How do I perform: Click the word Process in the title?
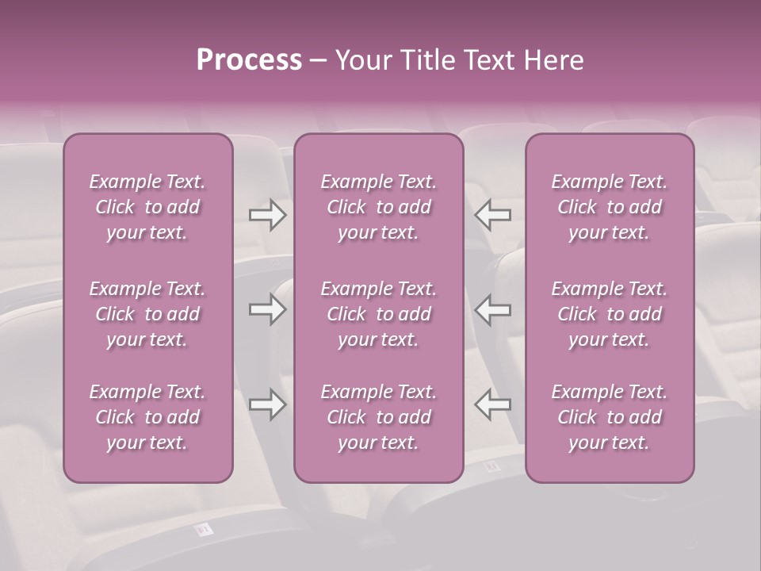pyautogui.click(x=249, y=60)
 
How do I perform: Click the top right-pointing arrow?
pyautogui.click(x=268, y=215)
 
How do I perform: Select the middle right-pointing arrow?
pyautogui.click(x=268, y=309)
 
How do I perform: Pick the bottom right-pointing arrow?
pyautogui.click(x=268, y=404)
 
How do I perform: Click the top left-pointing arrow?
pyautogui.click(x=493, y=215)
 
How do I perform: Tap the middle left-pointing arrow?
pyautogui.click(x=493, y=309)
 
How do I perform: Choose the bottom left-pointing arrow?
pyautogui.click(x=493, y=404)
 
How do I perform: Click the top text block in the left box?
pyautogui.click(x=147, y=207)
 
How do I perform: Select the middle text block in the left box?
pyautogui.click(x=147, y=314)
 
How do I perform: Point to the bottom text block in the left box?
pyautogui.click(x=147, y=417)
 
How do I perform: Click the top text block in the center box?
pyautogui.click(x=379, y=207)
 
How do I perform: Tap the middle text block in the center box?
pyautogui.click(x=379, y=314)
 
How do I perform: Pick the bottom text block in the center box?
pyautogui.click(x=379, y=417)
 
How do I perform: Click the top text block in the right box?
pyautogui.click(x=610, y=207)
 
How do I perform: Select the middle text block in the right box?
pyautogui.click(x=610, y=314)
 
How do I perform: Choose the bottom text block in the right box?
pyautogui.click(x=610, y=417)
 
